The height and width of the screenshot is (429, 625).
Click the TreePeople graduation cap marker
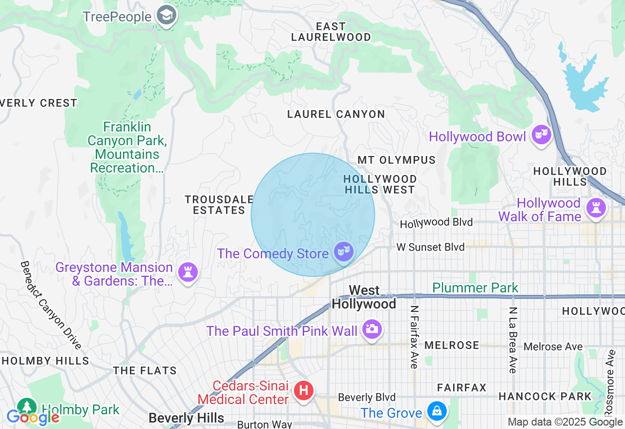point(167,16)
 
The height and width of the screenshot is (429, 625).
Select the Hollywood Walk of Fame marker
point(596,208)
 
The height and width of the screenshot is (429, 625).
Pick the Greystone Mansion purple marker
point(188,272)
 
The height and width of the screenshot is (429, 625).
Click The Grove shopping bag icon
point(437,411)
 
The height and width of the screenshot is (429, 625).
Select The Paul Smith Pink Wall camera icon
point(372,330)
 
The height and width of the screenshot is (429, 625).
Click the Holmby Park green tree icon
point(26,407)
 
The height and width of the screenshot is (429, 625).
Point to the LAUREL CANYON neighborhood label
point(336,115)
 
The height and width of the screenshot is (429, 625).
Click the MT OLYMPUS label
point(396,160)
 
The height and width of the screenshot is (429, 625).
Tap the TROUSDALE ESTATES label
point(219,205)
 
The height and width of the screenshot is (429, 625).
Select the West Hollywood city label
point(364,297)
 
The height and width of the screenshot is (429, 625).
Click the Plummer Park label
point(475,288)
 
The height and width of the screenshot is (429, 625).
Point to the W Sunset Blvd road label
point(430,247)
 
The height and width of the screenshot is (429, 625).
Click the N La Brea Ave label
point(513,340)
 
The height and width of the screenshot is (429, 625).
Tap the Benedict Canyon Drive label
point(50,305)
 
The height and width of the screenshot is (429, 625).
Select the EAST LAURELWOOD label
point(331,32)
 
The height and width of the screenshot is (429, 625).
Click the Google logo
point(32,417)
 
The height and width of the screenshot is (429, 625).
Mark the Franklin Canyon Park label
point(127,147)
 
